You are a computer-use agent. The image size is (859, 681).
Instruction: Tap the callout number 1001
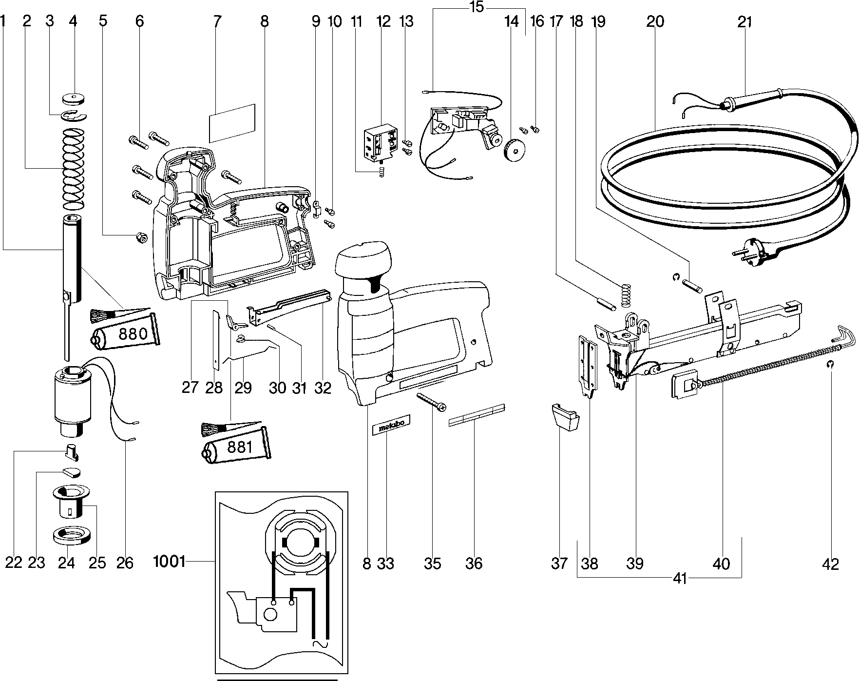point(169,562)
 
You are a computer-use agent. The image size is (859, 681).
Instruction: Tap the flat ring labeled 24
point(72,535)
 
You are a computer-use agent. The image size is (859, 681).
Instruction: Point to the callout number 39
point(635,564)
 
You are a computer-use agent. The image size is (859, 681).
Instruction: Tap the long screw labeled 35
point(431,401)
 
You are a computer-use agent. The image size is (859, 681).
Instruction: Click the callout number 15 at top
point(477,7)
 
